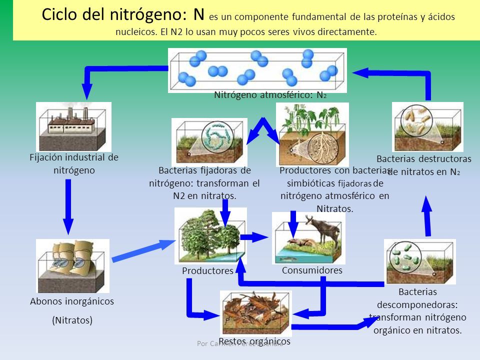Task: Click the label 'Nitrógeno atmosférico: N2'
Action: [x=270, y=95]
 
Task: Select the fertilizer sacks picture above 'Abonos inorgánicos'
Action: [x=72, y=265]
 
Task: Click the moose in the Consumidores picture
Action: [x=325, y=230]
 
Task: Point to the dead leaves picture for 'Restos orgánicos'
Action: [x=255, y=313]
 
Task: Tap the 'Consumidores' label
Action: [x=312, y=270]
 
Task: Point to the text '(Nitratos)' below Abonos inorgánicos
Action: [x=72, y=320]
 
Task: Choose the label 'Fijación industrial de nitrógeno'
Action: [x=74, y=163]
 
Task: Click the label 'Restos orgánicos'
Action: [x=254, y=341]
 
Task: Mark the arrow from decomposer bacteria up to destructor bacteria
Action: [x=428, y=215]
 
